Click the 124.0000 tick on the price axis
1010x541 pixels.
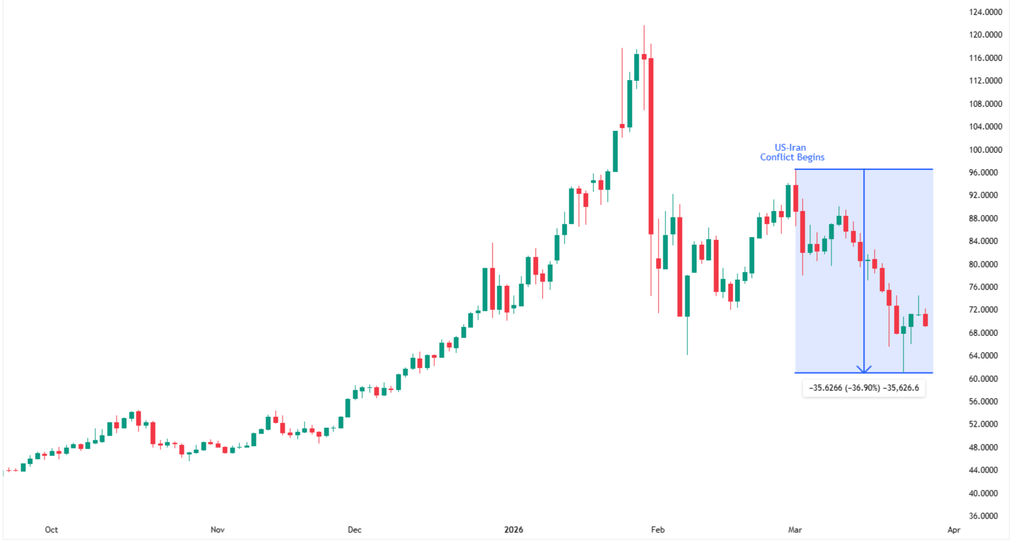[983, 12]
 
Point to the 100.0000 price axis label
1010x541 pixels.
[983, 149]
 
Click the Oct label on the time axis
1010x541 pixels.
[50, 529]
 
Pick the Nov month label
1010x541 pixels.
[218, 529]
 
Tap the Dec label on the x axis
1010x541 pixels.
[354, 529]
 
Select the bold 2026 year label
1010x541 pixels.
[513, 529]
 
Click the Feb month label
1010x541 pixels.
[658, 529]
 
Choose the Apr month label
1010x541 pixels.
[954, 529]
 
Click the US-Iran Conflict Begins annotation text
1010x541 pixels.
[792, 152]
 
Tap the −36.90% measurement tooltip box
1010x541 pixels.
[864, 388]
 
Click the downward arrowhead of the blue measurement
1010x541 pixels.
[864, 368]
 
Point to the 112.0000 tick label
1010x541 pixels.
[983, 81]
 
